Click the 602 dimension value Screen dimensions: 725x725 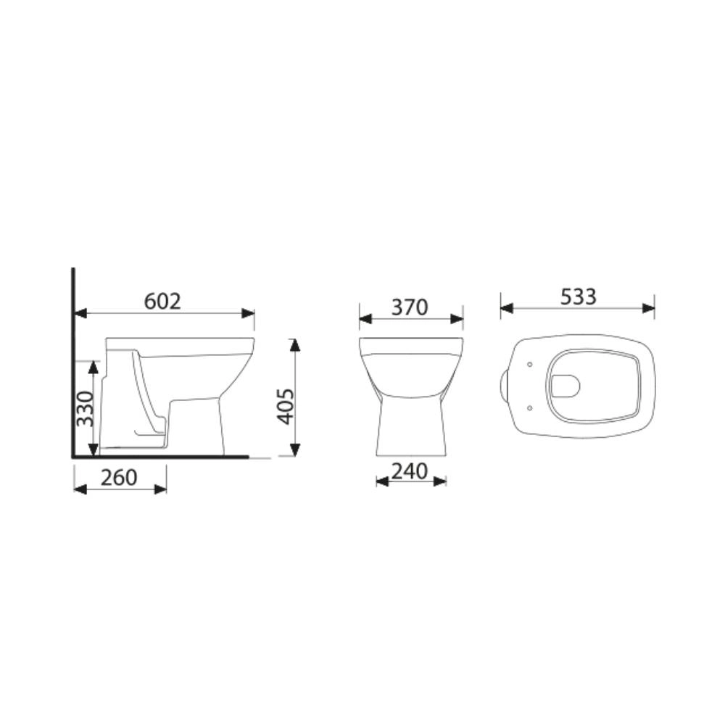point(162,301)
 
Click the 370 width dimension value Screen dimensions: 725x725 point(410,307)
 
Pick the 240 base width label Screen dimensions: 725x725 point(410,471)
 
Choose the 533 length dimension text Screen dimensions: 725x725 point(578,297)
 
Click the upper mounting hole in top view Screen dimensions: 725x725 point(531,364)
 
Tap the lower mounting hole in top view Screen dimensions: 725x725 point(531,408)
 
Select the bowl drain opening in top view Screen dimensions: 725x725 point(565,386)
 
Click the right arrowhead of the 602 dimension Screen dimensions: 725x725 point(249,313)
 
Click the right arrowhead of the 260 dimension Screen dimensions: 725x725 point(161,489)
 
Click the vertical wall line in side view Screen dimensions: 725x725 point(73,362)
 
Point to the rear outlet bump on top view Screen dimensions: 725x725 point(504,386)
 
